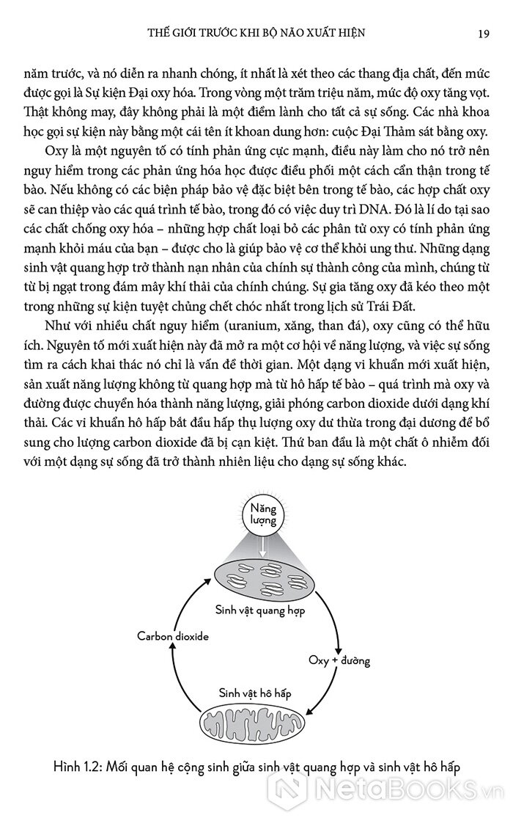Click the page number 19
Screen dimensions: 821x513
[477, 33]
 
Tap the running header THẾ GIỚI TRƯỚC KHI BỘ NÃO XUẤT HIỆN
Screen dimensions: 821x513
[256, 33]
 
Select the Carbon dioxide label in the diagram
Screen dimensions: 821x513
[173, 636]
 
